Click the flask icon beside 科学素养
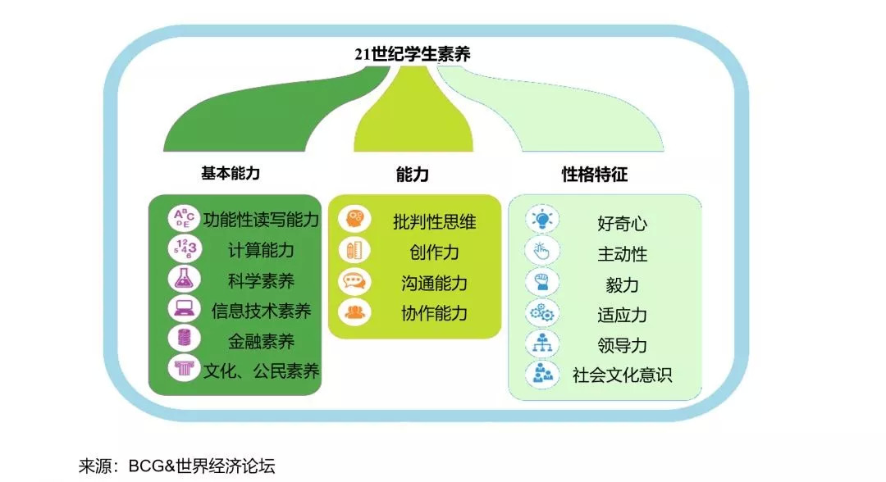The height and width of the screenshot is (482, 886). (x=183, y=279)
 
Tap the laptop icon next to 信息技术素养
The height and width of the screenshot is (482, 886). (x=183, y=309)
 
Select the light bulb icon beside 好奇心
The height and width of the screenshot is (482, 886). (x=542, y=220)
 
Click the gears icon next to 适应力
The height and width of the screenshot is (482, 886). (x=542, y=312)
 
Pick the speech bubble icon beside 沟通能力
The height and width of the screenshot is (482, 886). (x=354, y=282)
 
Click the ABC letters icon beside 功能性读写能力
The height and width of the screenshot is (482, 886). (x=183, y=219)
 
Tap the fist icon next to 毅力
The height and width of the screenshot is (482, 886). (x=542, y=282)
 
